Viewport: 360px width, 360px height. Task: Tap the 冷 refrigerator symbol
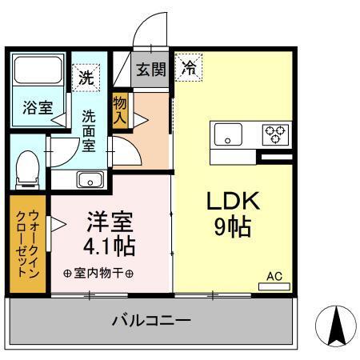click(x=190, y=69)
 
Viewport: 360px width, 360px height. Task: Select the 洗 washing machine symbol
click(x=86, y=78)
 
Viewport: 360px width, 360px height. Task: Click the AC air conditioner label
click(x=274, y=276)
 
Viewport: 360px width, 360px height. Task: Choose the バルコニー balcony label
click(x=151, y=322)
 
